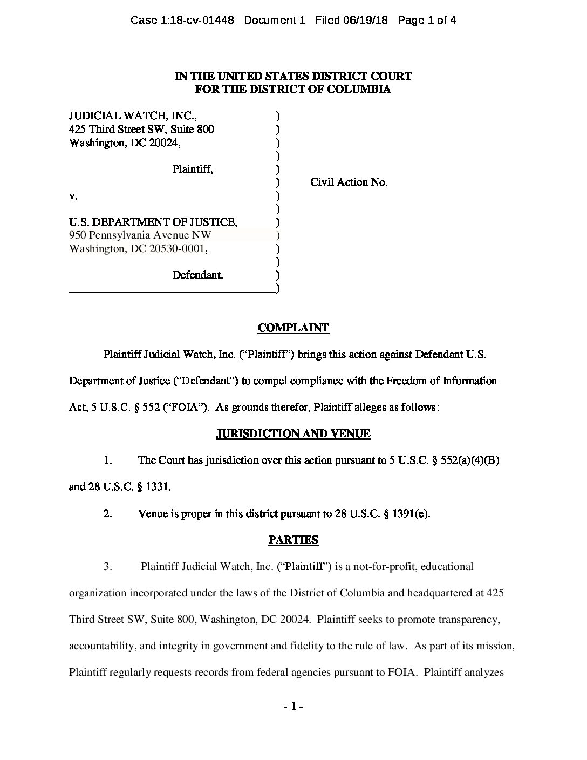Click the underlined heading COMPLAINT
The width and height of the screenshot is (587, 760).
coord(293,328)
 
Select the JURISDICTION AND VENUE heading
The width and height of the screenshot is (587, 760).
coord(293,433)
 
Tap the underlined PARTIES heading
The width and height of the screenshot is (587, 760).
coord(293,540)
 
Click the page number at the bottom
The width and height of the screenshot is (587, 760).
coord(293,707)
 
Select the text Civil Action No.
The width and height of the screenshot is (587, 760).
coord(349,182)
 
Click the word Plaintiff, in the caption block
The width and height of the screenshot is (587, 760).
coord(193,169)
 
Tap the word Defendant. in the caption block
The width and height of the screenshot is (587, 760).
coord(197,275)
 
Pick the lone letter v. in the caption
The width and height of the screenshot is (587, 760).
coord(73,195)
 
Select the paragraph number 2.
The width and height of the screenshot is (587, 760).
coord(108,513)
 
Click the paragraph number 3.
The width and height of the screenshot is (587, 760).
coord(108,566)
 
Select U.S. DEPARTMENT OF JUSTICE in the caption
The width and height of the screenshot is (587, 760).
coord(153,222)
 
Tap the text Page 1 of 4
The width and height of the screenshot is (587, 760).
coord(427,21)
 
